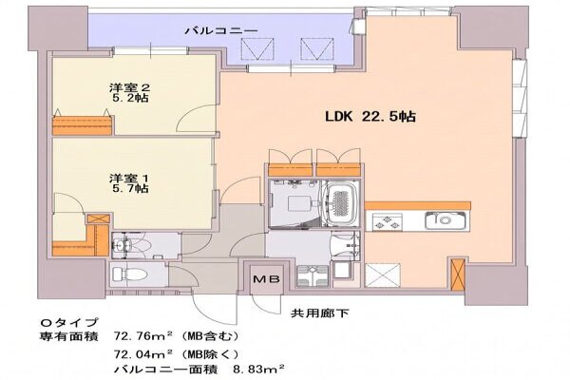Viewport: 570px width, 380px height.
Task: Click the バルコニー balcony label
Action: click(x=221, y=30)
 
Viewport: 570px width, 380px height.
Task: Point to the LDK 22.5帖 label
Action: click(x=370, y=116)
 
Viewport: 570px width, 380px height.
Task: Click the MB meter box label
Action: click(x=266, y=279)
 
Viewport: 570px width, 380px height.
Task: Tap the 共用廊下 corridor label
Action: click(x=320, y=313)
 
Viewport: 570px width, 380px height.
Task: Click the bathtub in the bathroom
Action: click(x=339, y=204)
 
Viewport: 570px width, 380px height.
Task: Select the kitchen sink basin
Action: click(x=445, y=220)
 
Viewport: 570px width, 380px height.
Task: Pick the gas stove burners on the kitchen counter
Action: click(x=387, y=221)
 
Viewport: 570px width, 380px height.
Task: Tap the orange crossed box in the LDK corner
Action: click(x=458, y=274)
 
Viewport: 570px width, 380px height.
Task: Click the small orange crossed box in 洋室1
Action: click(x=98, y=218)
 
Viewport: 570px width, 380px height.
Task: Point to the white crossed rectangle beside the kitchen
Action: click(x=383, y=275)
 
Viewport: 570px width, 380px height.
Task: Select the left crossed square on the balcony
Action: click(x=257, y=49)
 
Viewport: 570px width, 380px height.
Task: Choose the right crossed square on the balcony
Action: click(x=316, y=49)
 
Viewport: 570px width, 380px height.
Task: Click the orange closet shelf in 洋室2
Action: click(x=82, y=125)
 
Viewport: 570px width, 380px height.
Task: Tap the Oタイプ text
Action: click(x=69, y=322)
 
